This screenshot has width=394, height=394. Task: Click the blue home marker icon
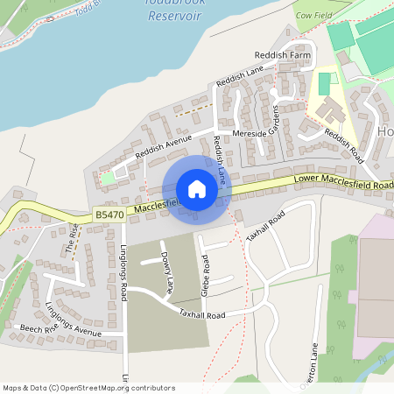click(x=196, y=189)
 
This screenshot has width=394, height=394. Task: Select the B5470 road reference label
click(x=109, y=215)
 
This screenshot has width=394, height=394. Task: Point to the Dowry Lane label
click(x=166, y=273)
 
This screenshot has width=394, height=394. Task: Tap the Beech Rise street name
click(x=37, y=329)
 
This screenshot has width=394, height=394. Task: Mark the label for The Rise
click(x=73, y=237)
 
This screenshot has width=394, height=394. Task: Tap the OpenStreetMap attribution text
click(x=88, y=387)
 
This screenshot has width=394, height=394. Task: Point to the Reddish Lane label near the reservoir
click(x=242, y=81)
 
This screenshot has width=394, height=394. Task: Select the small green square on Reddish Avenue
click(x=108, y=179)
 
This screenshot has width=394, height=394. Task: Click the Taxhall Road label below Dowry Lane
click(x=202, y=313)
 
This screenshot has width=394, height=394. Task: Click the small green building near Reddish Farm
click(x=325, y=84)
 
